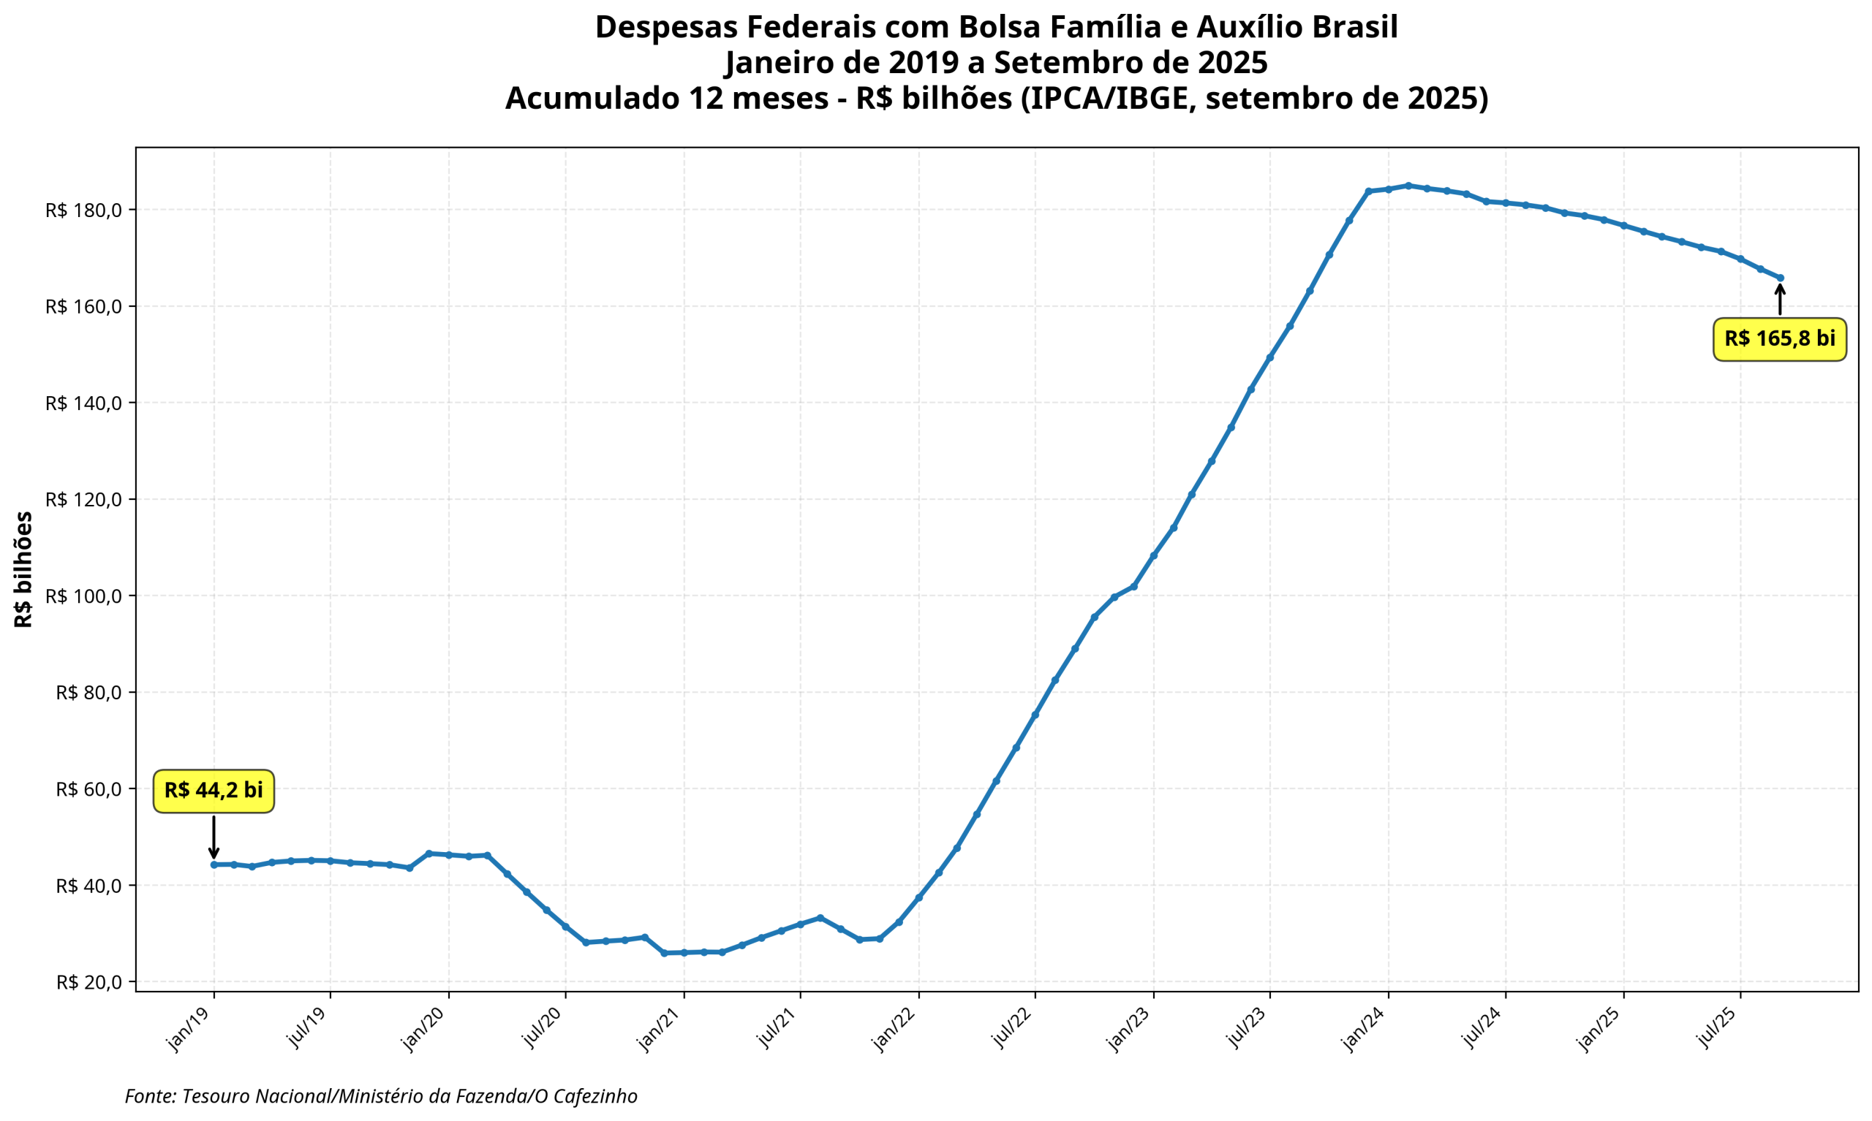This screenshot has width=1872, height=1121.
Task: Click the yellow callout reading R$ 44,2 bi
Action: point(213,791)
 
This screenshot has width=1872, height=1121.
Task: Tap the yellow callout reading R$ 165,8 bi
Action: point(1779,339)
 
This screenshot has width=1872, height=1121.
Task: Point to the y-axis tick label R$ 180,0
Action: point(83,210)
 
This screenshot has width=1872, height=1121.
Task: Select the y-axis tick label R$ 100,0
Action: point(83,596)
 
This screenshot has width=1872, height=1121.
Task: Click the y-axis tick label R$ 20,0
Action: point(88,982)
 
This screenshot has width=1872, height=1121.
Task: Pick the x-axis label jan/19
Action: point(189,1030)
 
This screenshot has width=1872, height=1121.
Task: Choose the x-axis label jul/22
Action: point(1011,1030)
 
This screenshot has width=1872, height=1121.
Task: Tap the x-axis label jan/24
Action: point(1363,1030)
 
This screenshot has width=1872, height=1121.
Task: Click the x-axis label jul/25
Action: point(1716,1030)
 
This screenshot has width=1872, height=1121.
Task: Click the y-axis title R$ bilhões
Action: point(24,569)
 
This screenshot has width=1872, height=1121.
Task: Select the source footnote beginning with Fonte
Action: point(381,1096)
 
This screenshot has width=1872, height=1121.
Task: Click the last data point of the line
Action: point(1781,278)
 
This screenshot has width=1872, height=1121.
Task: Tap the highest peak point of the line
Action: point(1408,185)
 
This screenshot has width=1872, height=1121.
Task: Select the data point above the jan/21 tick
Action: point(684,952)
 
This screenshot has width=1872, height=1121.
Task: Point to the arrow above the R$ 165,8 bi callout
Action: point(1781,299)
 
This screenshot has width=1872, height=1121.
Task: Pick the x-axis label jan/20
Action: point(424,1030)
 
